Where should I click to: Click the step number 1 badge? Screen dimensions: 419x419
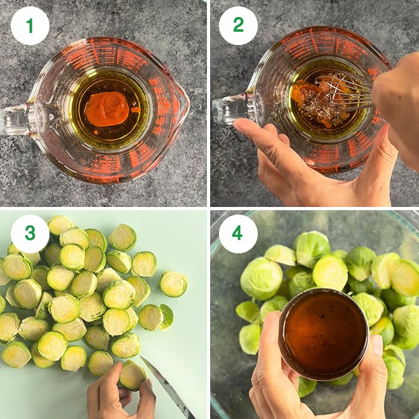point(30,25)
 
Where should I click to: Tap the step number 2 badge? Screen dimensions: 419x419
point(238,25)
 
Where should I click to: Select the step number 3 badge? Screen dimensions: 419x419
point(30,234)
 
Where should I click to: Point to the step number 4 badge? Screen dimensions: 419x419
point(238,234)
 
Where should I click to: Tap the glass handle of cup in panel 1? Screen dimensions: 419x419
point(16,117)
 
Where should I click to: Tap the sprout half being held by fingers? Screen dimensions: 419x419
point(133,375)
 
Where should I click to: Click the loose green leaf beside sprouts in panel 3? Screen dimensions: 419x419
point(166,316)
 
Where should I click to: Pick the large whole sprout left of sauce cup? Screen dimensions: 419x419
point(261,278)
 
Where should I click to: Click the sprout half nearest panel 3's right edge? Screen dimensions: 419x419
point(173,284)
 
